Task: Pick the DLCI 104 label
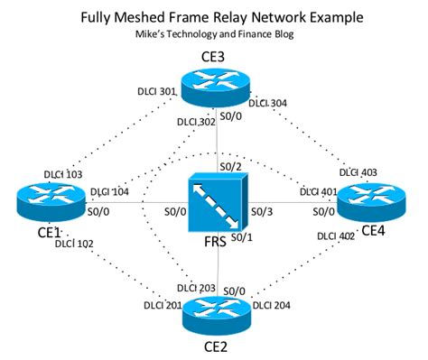pyautogui.click(x=110, y=192)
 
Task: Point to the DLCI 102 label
pyautogui.click(x=74, y=243)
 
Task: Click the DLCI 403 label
pyautogui.click(x=358, y=172)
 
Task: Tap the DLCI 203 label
pyautogui.click(x=196, y=288)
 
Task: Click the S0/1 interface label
pyautogui.click(x=240, y=236)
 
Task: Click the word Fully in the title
pyautogui.click(x=103, y=17)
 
